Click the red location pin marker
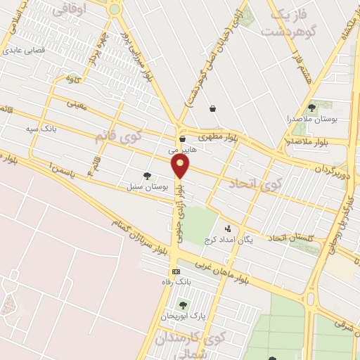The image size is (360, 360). (x=181, y=166)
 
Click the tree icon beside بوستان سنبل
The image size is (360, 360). (x=146, y=176)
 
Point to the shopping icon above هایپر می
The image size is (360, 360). (x=182, y=139)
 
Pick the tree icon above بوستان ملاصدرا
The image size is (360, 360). (x=311, y=108)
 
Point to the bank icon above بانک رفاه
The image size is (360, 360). (x=175, y=271)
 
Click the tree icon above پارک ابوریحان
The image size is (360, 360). (x=183, y=305)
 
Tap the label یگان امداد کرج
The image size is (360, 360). (x=228, y=240)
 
